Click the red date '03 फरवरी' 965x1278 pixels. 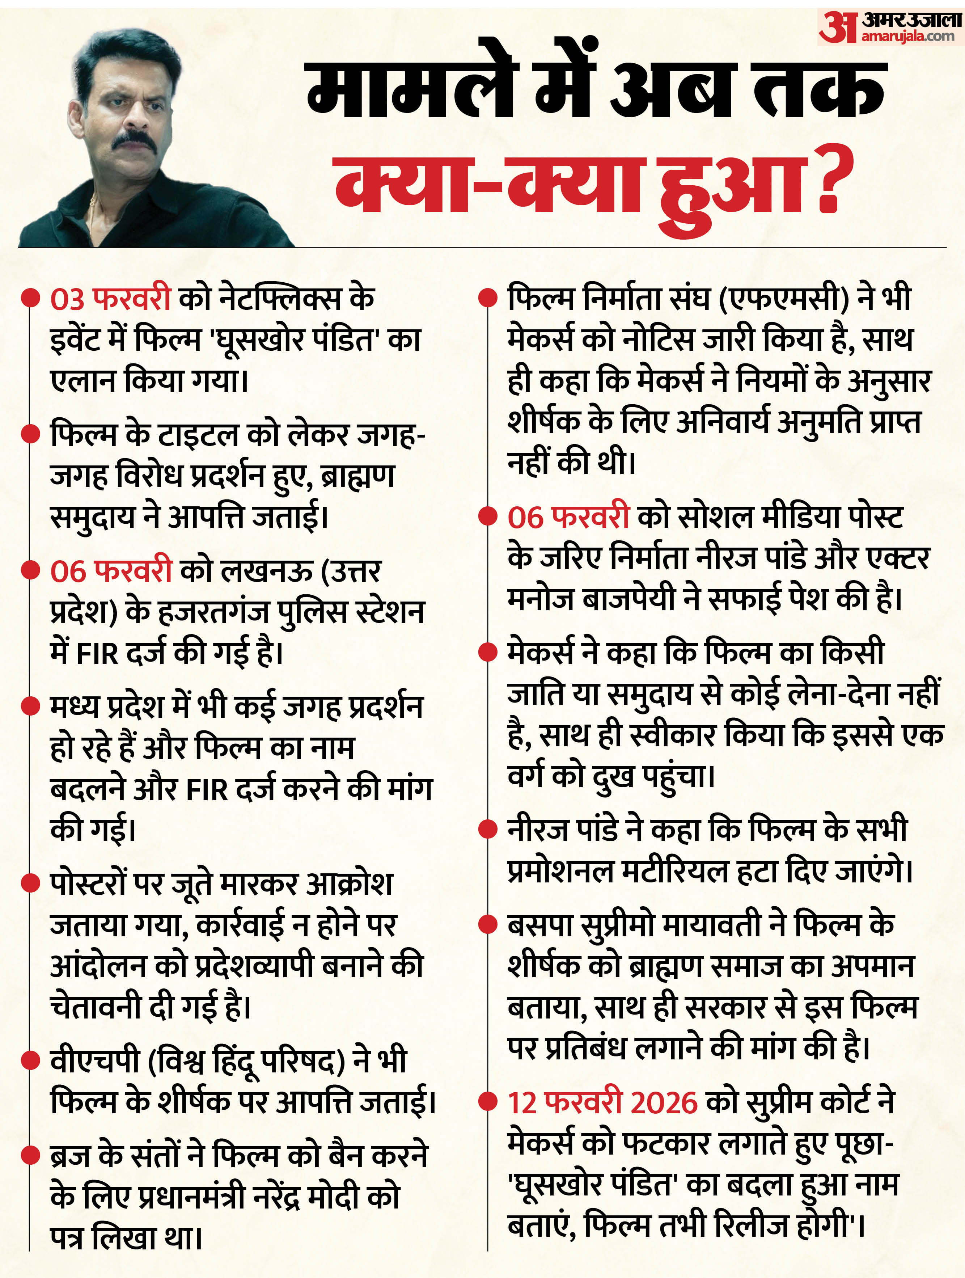point(110,299)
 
